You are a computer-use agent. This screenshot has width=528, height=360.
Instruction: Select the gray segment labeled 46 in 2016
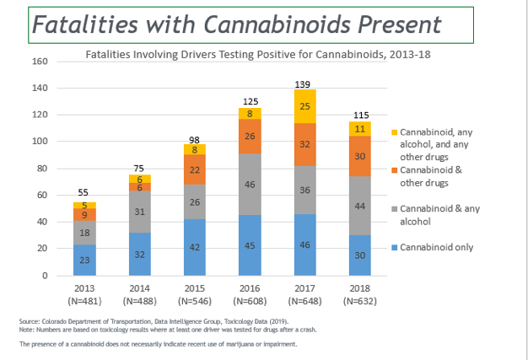pos(249,184)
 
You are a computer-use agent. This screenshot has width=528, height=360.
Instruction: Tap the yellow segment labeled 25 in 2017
pos(304,106)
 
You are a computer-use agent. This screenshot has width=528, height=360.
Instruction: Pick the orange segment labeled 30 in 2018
pos(360,156)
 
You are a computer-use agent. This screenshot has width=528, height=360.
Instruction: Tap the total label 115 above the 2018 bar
pos(360,115)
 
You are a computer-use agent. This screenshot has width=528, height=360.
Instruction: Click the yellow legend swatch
pos(393,132)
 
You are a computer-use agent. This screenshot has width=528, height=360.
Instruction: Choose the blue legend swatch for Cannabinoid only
pos(393,248)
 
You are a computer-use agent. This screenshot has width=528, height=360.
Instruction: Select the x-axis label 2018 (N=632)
pos(360,294)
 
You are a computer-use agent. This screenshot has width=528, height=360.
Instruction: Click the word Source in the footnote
pos(28,321)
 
